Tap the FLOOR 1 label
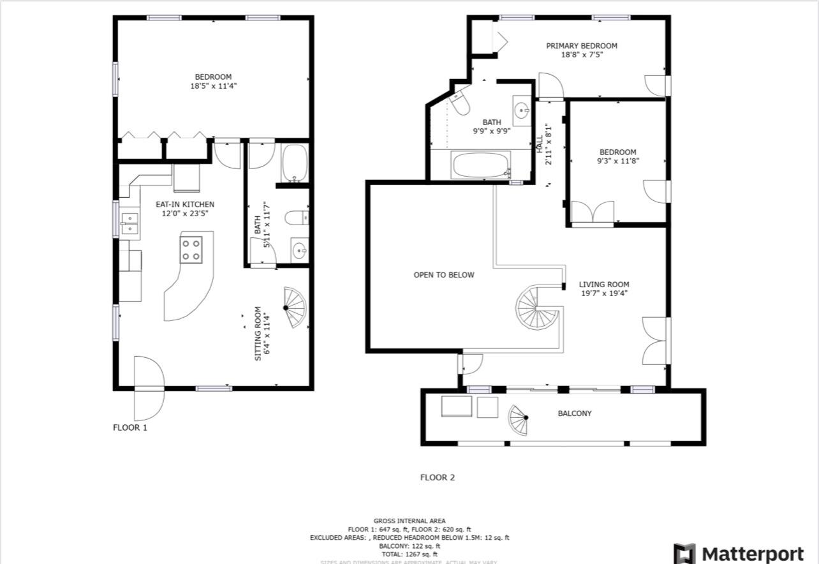tap(130, 427)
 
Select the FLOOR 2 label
tap(438, 477)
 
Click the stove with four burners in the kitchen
tap(191, 249)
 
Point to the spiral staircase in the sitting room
tap(294, 308)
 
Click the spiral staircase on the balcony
tap(519, 420)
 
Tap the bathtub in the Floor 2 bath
tap(481, 166)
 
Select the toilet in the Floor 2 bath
tap(459, 103)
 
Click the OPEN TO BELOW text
tap(444, 275)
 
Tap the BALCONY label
tap(575, 413)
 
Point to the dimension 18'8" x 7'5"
tap(582, 55)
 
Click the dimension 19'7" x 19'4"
tap(604, 293)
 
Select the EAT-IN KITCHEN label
tap(185, 204)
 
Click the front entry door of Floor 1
tap(149, 387)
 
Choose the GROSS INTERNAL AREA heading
tap(409, 521)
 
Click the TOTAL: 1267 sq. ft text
tap(409, 554)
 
